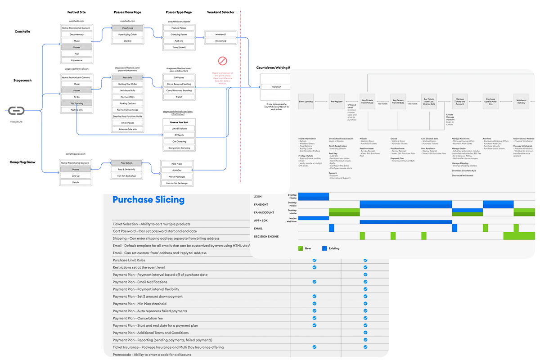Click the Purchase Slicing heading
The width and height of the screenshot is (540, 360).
click(x=148, y=199)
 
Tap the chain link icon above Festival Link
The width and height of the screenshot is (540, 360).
click(x=17, y=111)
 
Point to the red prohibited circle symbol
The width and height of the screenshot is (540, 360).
click(x=222, y=61)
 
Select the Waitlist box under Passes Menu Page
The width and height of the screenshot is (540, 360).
click(x=127, y=40)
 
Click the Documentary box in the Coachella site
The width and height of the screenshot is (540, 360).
click(x=76, y=34)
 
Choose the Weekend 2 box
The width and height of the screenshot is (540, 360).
click(x=220, y=41)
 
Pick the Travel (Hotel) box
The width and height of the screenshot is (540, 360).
click(x=179, y=47)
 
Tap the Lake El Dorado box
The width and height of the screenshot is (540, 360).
click(x=179, y=128)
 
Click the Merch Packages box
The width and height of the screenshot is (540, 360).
click(x=177, y=177)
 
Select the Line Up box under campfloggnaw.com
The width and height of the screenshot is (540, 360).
click(x=76, y=176)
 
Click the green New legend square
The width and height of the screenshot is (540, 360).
click(x=301, y=248)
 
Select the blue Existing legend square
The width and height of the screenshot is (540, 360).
click(x=324, y=248)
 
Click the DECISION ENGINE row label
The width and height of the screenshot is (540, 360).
click(x=267, y=236)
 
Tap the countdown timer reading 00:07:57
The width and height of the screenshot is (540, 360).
click(x=277, y=86)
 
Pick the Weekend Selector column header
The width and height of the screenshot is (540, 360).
click(x=220, y=12)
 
